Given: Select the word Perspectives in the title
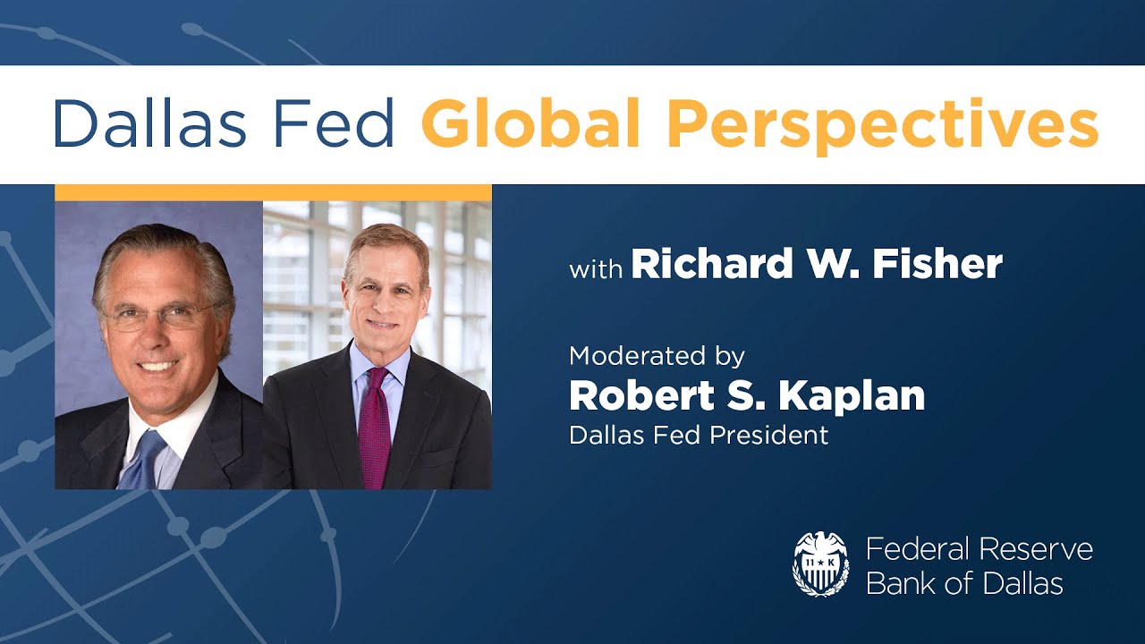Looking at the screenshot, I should pos(882,125).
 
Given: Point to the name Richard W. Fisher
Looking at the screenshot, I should pos(817,264).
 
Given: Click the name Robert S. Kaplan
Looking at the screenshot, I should pos(747,396).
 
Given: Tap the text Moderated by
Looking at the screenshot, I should pos(657,356).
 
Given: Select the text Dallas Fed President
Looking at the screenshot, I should pos(699,435).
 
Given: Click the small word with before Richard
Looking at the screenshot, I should pos(596,267).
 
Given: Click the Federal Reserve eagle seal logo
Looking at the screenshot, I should pos(820,564).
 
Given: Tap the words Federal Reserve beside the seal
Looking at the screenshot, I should pos(980,548).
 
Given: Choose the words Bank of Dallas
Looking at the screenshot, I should pos(964,584).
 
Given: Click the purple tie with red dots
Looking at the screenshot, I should pos(374,429).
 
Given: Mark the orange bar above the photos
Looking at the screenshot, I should pos(273,192).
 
